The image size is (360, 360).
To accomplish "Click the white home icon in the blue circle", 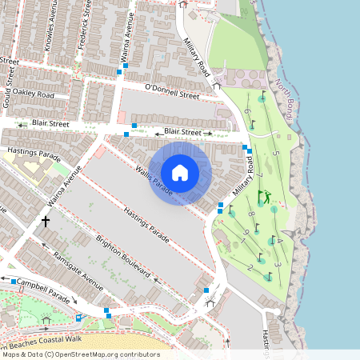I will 180,173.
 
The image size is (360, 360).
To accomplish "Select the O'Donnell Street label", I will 171,90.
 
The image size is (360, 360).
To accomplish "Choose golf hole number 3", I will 277,263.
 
